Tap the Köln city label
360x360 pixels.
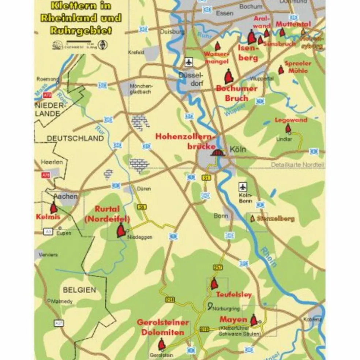coord(238,150)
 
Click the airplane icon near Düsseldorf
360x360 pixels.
coord(189,62)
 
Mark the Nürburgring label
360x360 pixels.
coord(226,308)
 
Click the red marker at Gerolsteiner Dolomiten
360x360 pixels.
coord(162,344)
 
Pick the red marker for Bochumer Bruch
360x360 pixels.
coord(229,76)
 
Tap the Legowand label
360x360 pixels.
coord(291,120)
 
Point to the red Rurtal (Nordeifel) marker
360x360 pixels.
coord(121,231)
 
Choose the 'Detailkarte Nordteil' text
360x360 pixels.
coord(297,165)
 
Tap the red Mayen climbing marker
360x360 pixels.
coord(254,320)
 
